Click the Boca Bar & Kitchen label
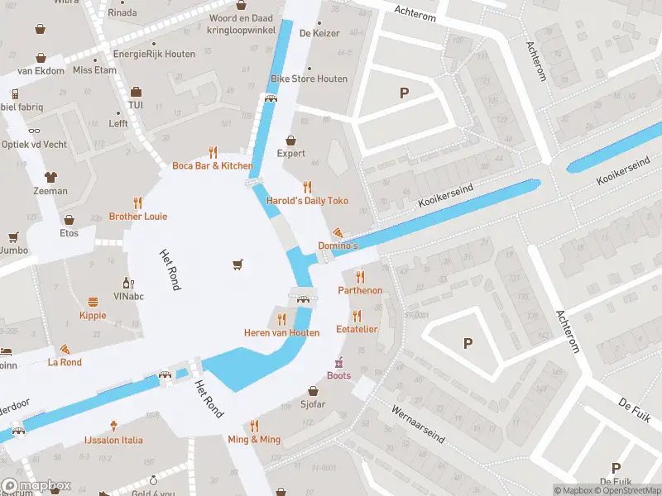pos(213,166)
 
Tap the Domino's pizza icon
pos(338,233)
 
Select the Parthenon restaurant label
pos(360,290)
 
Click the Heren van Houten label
pos(281,332)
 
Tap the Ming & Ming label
pos(254,439)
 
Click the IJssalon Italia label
pos(113,440)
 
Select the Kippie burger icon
pos(93,302)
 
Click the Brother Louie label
pos(138,217)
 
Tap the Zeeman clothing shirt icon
pos(51,177)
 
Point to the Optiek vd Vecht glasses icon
pos(34,131)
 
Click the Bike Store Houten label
pos(309,79)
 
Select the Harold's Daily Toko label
pos(307,201)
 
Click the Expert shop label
pos(290,153)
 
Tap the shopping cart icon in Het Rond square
pos(238,265)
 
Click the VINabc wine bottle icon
pos(128,283)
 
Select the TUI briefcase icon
pos(136,92)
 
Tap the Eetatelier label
pos(357,329)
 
